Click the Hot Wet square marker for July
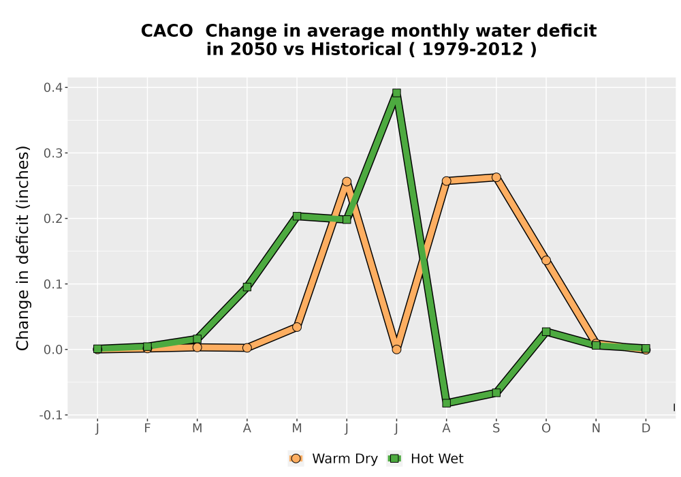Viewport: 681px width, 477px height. coord(396,93)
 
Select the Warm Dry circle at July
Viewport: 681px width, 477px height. coord(396,350)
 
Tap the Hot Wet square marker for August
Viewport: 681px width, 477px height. coord(447,403)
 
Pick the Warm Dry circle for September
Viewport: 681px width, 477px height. coord(496,177)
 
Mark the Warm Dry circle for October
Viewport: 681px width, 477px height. coord(546,260)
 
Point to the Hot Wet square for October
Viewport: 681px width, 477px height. coord(546,332)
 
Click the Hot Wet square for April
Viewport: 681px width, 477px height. coord(247,287)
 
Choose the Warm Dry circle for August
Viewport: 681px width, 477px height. coord(447,181)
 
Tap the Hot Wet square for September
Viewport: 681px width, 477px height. coord(496,393)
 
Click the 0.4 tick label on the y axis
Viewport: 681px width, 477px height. coord(52,88)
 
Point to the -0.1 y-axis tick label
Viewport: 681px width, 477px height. coord(51,415)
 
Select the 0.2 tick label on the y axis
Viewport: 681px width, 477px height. coord(52,219)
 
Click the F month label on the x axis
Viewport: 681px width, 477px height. coord(147,429)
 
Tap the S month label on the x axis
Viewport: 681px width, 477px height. coord(496,429)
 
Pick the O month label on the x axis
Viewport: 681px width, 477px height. coord(546,429)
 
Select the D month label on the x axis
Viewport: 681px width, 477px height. coord(646,429)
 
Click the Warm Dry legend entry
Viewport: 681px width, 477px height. coord(333,459)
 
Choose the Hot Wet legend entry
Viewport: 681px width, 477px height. coord(426,459)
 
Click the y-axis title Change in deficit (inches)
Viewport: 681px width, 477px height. coord(22,248)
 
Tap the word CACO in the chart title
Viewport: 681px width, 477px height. coord(167,31)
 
